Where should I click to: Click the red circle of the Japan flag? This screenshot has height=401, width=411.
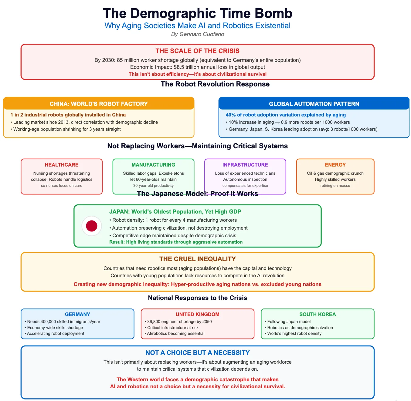click(92, 226)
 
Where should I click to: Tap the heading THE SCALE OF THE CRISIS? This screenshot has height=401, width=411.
click(197, 51)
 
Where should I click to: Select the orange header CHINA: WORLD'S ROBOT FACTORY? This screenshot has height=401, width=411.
click(99, 104)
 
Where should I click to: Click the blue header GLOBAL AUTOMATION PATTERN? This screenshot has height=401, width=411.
click(314, 104)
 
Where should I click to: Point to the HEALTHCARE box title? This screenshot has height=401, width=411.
click(62, 165)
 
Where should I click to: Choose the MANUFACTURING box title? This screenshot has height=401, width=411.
click(153, 165)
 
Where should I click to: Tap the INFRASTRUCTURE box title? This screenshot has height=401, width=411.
click(245, 165)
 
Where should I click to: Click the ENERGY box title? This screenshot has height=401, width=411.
click(335, 165)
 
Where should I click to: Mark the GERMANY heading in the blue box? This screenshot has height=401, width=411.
click(77, 314)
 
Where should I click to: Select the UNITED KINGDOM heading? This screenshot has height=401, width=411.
click(197, 314)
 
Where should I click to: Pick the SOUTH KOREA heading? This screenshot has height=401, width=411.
click(318, 314)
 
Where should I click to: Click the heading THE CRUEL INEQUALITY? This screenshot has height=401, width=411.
click(197, 259)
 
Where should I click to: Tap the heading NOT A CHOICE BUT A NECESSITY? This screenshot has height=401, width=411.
click(197, 353)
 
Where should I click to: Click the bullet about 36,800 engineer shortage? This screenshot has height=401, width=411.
click(179, 322)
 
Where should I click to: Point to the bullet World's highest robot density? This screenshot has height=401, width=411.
click(294, 333)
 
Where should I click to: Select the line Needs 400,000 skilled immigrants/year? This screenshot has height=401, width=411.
click(63, 322)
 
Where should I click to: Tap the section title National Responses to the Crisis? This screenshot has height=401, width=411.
click(197, 298)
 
